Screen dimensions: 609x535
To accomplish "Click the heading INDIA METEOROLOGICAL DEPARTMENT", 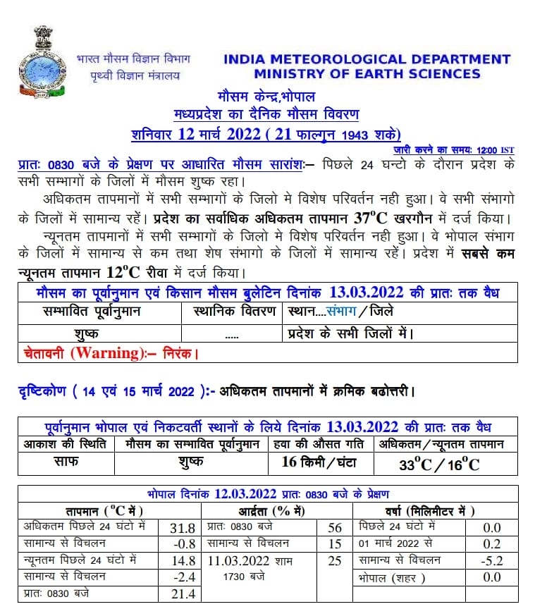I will pyautogui.click(x=367, y=59).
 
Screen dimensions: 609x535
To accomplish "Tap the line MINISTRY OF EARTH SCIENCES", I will pyautogui.click(x=367, y=73).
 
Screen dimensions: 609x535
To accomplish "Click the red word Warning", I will pyautogui.click(x=105, y=352).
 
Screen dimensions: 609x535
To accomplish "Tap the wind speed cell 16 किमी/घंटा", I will pyautogui.click(x=319, y=462).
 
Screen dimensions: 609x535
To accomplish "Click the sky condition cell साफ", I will pyautogui.click(x=66, y=462).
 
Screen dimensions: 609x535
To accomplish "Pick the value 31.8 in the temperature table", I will pyautogui.click(x=183, y=528).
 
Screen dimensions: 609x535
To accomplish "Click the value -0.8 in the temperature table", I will pyautogui.click(x=183, y=544).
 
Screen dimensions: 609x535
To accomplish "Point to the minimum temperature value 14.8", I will pyautogui.click(x=183, y=561).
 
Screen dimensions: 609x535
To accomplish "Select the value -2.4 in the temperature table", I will pyautogui.click(x=183, y=577).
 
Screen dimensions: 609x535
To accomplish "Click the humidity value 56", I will pyautogui.click(x=335, y=528).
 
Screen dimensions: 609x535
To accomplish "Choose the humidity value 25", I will pyautogui.click(x=335, y=561).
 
